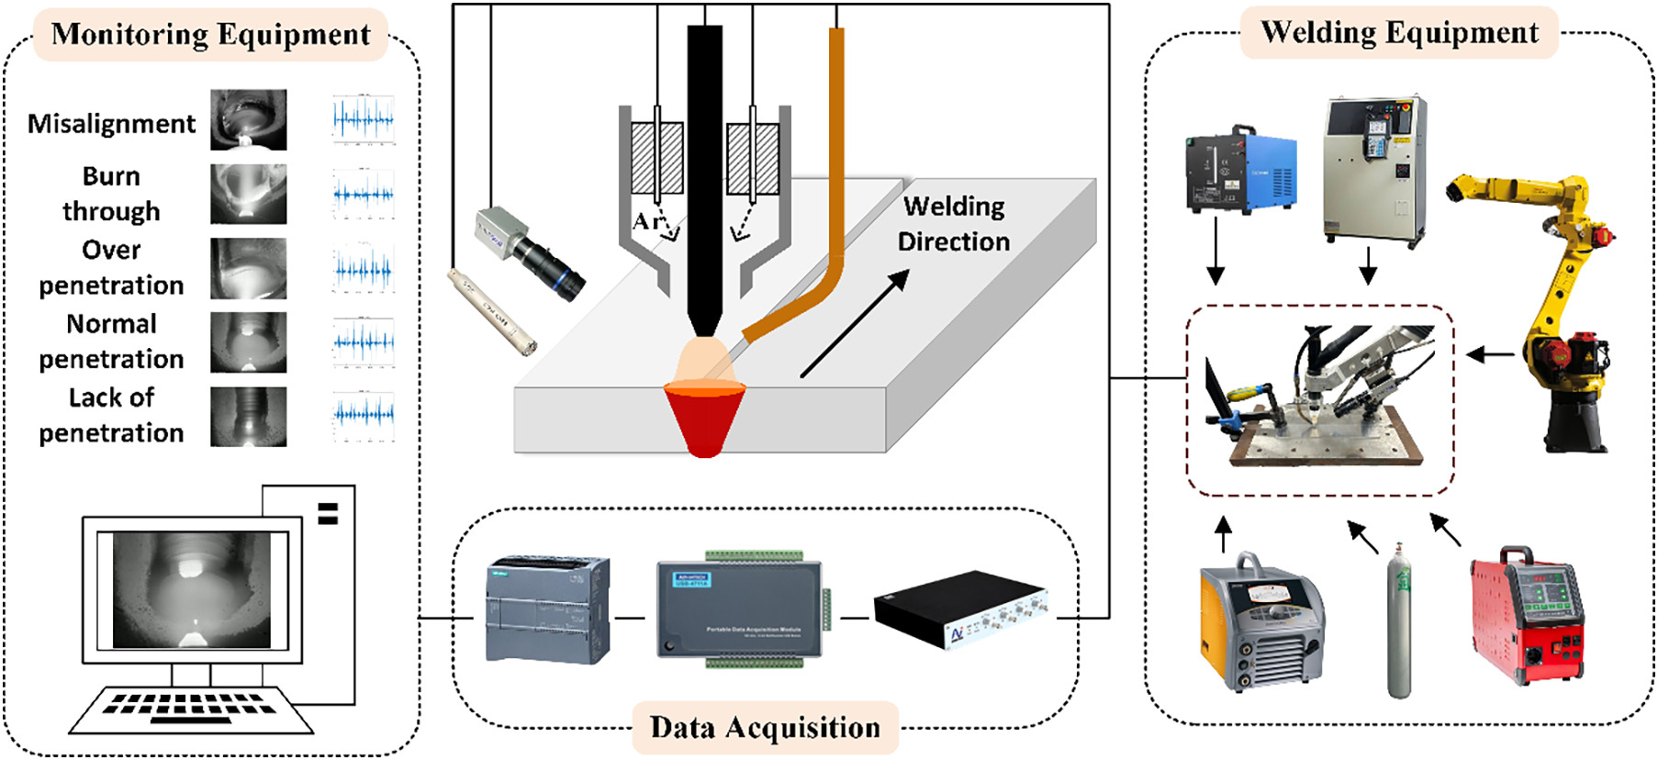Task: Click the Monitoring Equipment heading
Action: click(x=210, y=35)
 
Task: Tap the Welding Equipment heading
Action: click(x=1399, y=33)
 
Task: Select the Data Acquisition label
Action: click(x=765, y=728)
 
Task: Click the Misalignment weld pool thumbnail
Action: click(x=248, y=119)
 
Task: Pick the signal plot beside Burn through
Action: click(x=364, y=194)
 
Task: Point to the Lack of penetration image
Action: click(x=248, y=417)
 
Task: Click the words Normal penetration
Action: click(x=111, y=341)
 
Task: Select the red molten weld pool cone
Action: click(x=704, y=418)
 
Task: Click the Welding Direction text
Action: click(x=953, y=224)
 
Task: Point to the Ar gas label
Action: click(x=648, y=221)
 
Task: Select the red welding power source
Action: click(x=1527, y=614)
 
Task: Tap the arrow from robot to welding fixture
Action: click(x=1489, y=354)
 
